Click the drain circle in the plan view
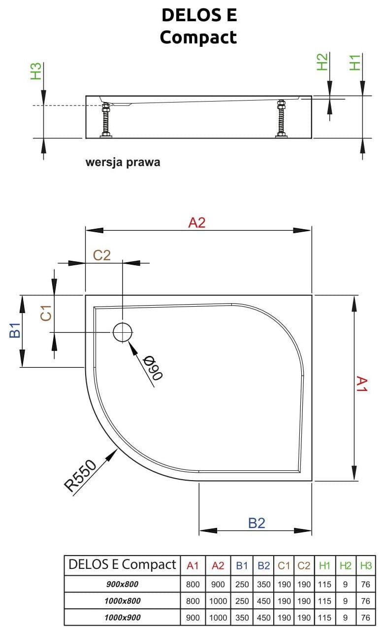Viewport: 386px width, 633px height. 123,332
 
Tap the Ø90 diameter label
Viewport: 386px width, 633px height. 153,368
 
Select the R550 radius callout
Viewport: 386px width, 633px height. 81,475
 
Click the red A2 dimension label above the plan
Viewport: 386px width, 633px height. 196,223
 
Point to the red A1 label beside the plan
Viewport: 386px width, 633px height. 362,384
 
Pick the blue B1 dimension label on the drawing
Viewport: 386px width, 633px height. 15,331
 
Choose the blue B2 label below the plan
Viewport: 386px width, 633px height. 257,523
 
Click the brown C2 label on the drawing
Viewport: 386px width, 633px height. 102,255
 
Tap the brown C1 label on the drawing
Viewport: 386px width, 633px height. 46,313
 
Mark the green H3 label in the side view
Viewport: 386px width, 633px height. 36,71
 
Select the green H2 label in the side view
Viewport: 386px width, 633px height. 322,62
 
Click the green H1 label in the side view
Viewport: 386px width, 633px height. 355,62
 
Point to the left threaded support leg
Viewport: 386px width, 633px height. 105,120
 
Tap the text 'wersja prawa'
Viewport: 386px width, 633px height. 123,162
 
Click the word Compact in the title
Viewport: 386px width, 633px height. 198,37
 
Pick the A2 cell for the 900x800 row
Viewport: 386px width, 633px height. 218,585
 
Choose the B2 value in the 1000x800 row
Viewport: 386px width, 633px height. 264,601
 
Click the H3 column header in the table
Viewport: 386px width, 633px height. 365,565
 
